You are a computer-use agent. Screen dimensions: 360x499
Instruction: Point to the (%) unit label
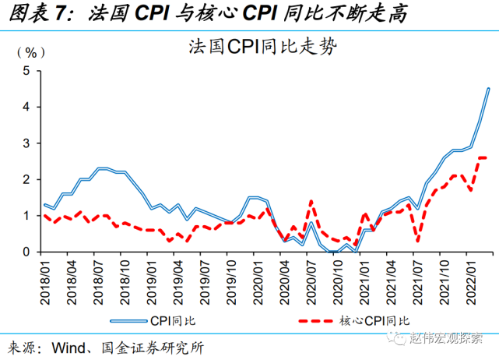(x=26, y=53)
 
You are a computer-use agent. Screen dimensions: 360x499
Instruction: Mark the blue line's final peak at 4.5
(x=488, y=88)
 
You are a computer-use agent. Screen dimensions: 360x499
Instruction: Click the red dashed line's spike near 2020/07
(x=311, y=201)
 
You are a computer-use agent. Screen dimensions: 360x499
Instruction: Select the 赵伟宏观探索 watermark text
(x=448, y=338)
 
